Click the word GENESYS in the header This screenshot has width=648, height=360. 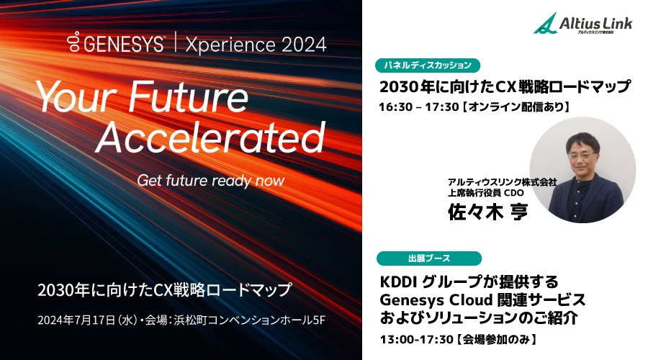coord(124,44)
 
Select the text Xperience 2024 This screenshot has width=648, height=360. coord(256,45)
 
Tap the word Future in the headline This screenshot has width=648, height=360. coord(188,97)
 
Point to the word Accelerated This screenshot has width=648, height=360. coord(210,137)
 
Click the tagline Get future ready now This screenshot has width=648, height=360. coord(210,180)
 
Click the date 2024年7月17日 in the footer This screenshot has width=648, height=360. coord(76,320)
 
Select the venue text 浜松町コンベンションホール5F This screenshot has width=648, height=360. coord(249,320)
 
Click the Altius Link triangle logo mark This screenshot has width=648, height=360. coord(545,23)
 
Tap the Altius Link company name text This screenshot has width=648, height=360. coord(595,23)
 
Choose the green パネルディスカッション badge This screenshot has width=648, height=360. coord(428,66)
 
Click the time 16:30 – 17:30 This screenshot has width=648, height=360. coord(419,107)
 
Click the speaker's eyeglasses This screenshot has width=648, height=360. coord(582,156)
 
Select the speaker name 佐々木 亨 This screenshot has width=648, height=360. coord(488,212)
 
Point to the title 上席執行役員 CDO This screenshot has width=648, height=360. coord(485,193)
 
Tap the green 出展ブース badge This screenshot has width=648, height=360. coord(429,258)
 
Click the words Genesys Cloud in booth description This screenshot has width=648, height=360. coord(436,300)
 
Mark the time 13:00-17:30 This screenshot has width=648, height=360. coord(417,340)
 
